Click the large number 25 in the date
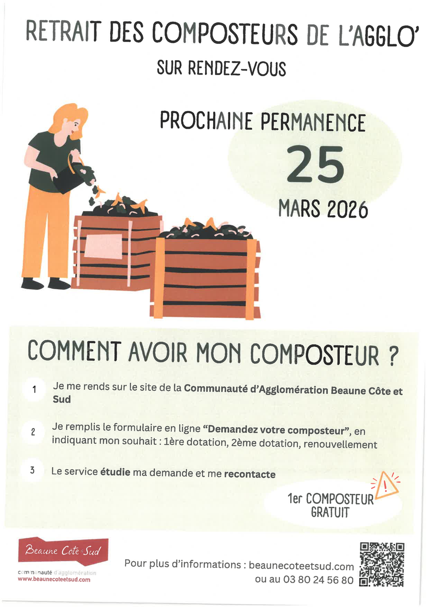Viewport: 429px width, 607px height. tap(315, 164)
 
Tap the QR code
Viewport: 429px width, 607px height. tap(382, 565)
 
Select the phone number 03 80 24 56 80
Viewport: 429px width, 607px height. tap(318, 580)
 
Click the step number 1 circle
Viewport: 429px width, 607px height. tap(34, 390)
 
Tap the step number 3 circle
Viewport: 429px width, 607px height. tap(32, 470)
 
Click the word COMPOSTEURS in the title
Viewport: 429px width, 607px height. tap(225, 35)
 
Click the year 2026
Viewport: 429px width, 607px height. tap(347, 209)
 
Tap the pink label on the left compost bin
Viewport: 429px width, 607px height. tap(103, 246)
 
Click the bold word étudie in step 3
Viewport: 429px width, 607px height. tap(115, 472)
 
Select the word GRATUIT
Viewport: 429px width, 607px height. tap(330, 513)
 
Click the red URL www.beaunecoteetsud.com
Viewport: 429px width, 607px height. tap(54, 585)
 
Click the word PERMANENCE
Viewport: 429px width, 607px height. tap(313, 122)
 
